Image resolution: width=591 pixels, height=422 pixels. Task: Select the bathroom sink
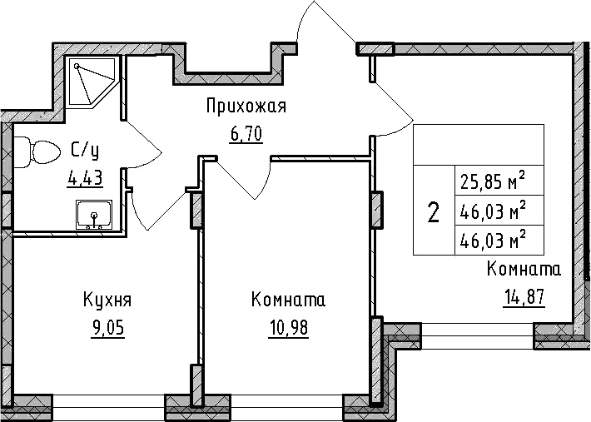94,215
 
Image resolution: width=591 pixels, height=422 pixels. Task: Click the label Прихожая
246,107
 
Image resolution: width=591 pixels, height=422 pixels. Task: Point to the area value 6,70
246,134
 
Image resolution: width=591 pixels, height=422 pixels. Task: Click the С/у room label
84,151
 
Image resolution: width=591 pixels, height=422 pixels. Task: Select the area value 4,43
84,178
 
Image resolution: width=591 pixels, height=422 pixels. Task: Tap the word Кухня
107,300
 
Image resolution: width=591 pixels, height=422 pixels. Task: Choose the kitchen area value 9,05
107,328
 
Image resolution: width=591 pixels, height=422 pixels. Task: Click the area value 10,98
288,328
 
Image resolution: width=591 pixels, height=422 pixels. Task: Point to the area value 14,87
524,298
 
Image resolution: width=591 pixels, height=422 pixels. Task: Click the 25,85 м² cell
499,181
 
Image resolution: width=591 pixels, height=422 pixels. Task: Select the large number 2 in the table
434,211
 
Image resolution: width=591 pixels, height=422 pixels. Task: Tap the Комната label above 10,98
288,300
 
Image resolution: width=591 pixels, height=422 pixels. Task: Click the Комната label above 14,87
524,270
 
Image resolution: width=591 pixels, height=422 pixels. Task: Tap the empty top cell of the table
479,145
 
